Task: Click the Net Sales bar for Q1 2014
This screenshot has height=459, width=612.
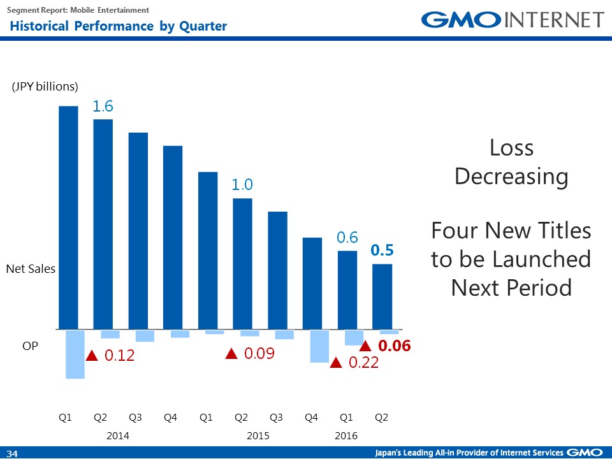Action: (x=68, y=217)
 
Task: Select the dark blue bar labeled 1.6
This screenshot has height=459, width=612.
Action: (x=103, y=224)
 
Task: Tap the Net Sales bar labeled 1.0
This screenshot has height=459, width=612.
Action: (x=242, y=263)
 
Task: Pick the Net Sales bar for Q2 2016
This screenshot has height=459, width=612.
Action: (x=382, y=296)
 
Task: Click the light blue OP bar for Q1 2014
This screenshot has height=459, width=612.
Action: (x=75, y=354)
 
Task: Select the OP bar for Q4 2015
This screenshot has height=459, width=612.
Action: (x=319, y=346)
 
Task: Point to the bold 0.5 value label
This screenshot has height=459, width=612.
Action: (x=382, y=251)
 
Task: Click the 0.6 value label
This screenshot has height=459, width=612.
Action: (x=347, y=238)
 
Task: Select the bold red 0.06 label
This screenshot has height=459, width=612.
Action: (x=394, y=346)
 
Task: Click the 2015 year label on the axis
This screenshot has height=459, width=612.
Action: (x=258, y=436)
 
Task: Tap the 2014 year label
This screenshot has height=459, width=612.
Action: (x=117, y=436)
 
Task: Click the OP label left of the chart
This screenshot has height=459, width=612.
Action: (x=30, y=346)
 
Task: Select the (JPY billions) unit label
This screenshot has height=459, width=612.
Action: (x=45, y=87)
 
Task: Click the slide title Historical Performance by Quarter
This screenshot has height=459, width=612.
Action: (x=118, y=26)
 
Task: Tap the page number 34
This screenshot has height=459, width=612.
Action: (x=13, y=453)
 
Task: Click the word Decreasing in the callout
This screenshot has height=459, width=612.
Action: (x=511, y=177)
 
